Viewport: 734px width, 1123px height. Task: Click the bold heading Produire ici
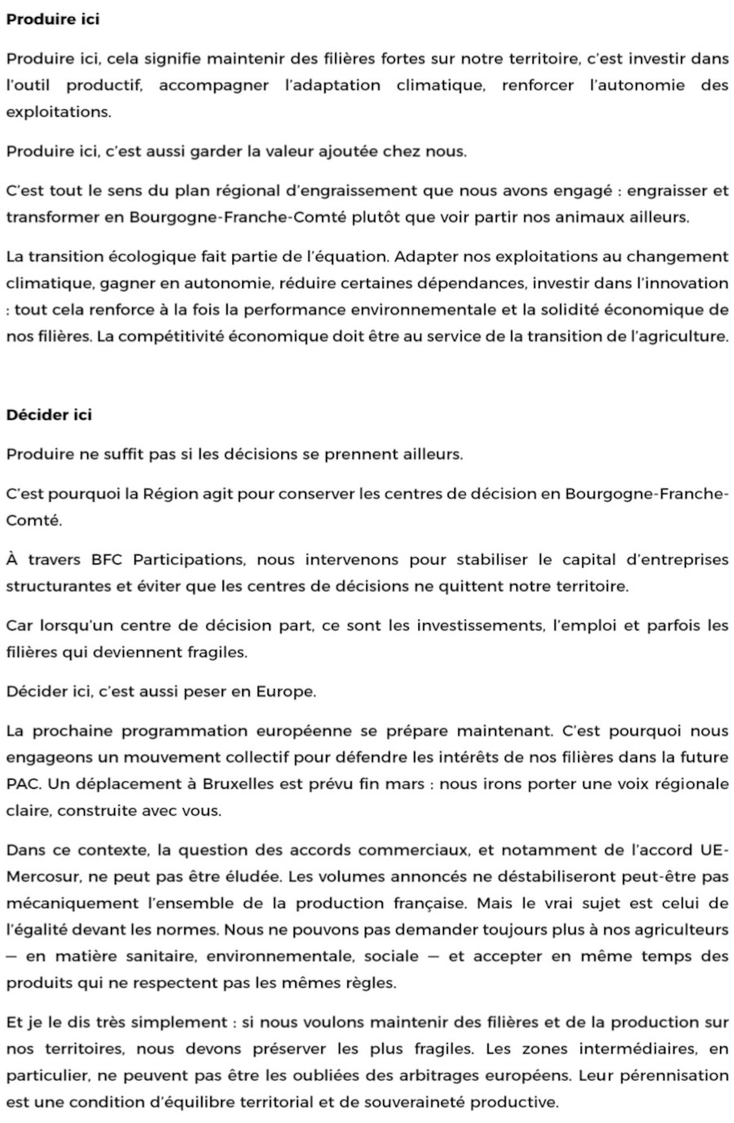52,19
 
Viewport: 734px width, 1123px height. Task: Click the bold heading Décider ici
49,414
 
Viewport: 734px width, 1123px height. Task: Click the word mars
402,784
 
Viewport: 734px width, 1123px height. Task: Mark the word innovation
687,283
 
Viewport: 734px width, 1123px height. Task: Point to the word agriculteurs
679,930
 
